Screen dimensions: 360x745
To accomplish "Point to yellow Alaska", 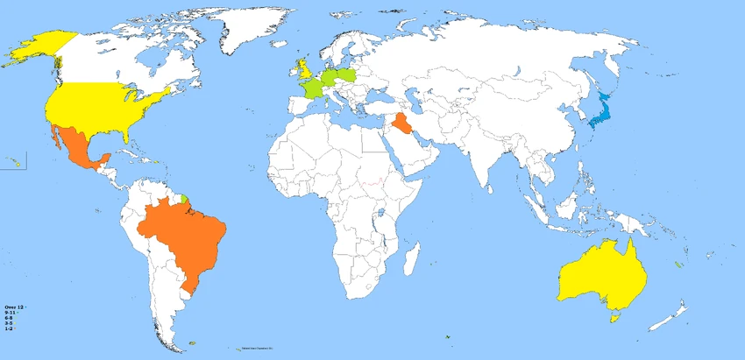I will point(39,47).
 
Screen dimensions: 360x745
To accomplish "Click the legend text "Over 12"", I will point(13,307).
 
